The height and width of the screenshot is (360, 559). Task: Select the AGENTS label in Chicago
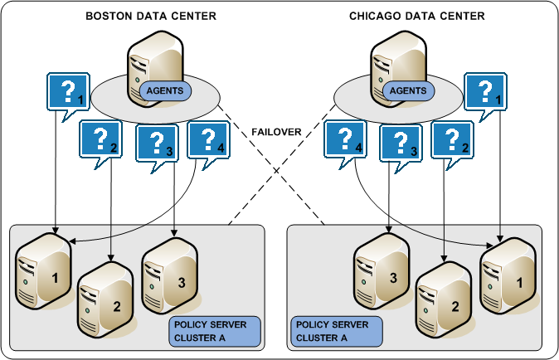point(407,89)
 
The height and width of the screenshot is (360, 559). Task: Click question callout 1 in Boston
point(68,91)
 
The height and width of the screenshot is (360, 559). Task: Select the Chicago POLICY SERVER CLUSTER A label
point(337,331)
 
